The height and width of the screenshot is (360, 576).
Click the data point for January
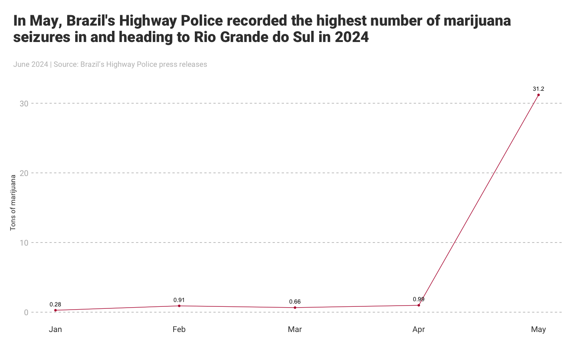coord(55,310)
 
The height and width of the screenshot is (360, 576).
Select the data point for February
coord(179,306)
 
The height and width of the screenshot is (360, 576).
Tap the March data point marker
coord(295,308)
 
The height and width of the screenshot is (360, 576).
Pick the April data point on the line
coord(419,305)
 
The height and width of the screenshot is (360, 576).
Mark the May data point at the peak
coord(538,95)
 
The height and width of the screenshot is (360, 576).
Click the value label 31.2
coord(538,89)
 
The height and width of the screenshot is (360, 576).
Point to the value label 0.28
coord(55,304)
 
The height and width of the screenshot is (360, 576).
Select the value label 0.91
coord(179,300)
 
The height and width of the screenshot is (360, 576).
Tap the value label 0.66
coord(295,302)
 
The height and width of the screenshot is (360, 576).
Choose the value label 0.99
coord(419,299)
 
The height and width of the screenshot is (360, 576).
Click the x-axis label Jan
coord(55,330)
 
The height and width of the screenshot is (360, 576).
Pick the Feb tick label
coord(179,330)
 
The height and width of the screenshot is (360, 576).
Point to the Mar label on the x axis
coord(295,330)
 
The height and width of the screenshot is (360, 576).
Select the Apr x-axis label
coord(419,330)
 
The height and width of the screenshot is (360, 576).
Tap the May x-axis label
coord(538,330)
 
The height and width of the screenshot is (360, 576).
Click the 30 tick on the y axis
coord(24,104)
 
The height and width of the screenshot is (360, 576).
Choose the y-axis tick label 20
coord(24,173)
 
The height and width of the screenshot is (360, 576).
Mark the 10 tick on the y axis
coord(24,243)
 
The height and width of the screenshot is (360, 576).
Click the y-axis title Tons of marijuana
coord(13,202)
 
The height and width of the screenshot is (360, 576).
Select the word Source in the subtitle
coord(66,64)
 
